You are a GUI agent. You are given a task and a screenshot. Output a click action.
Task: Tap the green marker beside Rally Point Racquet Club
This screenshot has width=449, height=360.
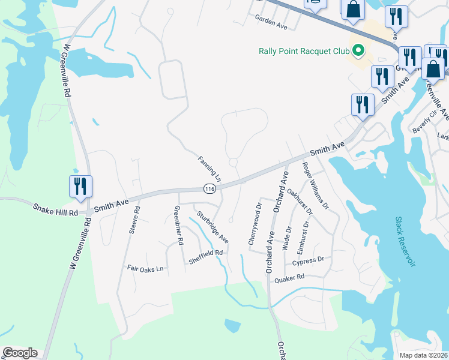[x=359, y=50]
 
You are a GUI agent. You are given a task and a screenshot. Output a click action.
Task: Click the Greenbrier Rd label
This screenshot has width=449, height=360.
[x=178, y=225]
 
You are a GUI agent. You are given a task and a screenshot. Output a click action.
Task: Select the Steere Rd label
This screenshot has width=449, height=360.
[x=136, y=220]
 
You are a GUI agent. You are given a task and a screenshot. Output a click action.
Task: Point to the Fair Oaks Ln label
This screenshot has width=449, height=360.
[x=145, y=269]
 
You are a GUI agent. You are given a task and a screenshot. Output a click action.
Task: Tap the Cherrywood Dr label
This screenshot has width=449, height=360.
[x=255, y=224]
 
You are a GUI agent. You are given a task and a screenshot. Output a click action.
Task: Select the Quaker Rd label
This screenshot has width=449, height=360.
[x=289, y=278]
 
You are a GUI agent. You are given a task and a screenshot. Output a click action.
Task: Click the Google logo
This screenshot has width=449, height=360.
[x=20, y=353]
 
